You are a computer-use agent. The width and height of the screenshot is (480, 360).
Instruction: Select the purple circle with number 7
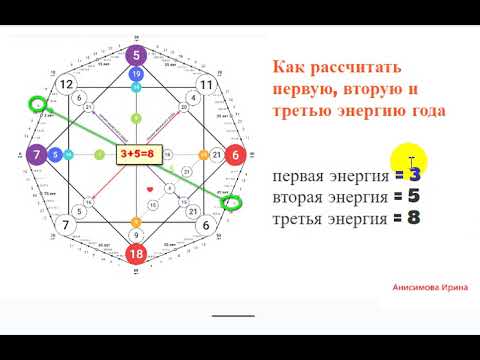(x=36, y=156)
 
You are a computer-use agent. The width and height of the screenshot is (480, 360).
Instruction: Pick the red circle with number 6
(x=236, y=156)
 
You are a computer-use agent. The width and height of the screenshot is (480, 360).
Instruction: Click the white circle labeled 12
(x=65, y=85)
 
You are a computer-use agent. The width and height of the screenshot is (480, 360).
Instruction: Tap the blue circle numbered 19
(x=136, y=75)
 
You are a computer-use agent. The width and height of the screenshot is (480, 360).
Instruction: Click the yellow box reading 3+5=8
(x=136, y=156)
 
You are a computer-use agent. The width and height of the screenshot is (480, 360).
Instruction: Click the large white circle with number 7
(x=65, y=226)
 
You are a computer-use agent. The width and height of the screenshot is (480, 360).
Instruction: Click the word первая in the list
(x=299, y=176)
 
